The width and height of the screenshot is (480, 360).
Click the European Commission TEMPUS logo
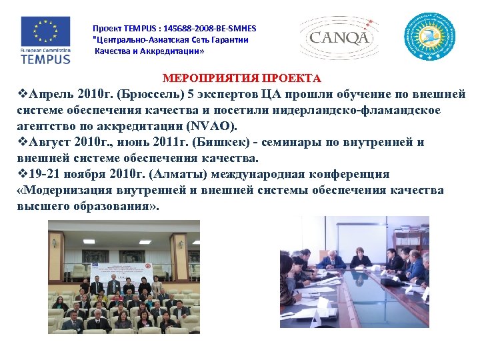45,39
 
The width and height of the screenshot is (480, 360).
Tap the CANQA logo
339,37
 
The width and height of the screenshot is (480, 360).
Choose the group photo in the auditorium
123,277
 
